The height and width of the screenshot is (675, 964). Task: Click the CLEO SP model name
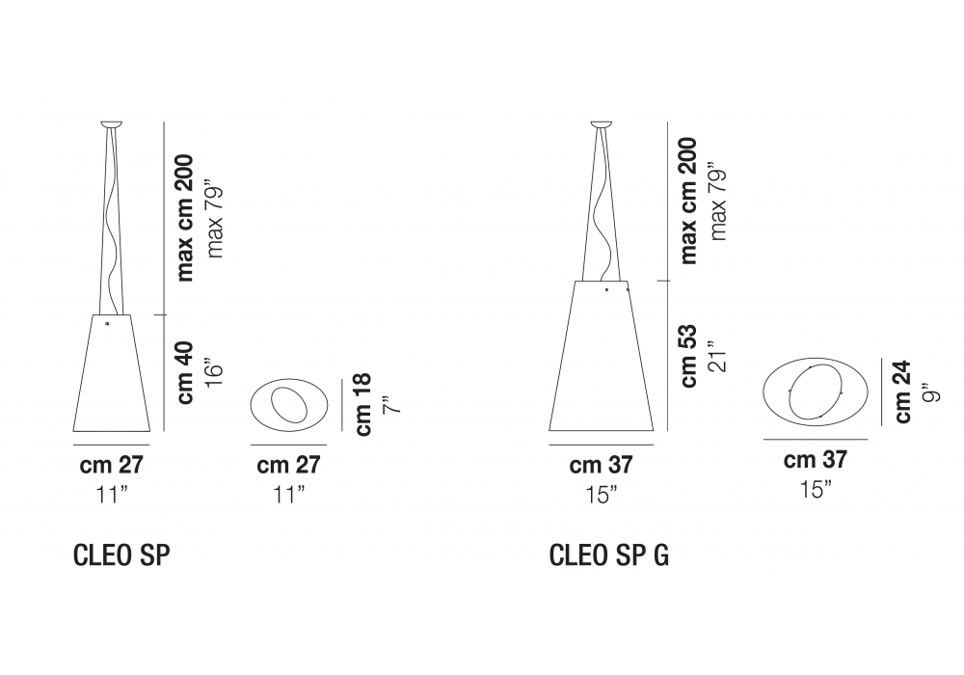121,555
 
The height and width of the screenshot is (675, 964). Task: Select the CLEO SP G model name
608,555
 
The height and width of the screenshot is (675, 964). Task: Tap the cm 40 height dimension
185,373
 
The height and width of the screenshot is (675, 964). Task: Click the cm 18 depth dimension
362,404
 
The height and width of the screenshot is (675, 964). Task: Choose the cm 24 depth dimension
901,391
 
